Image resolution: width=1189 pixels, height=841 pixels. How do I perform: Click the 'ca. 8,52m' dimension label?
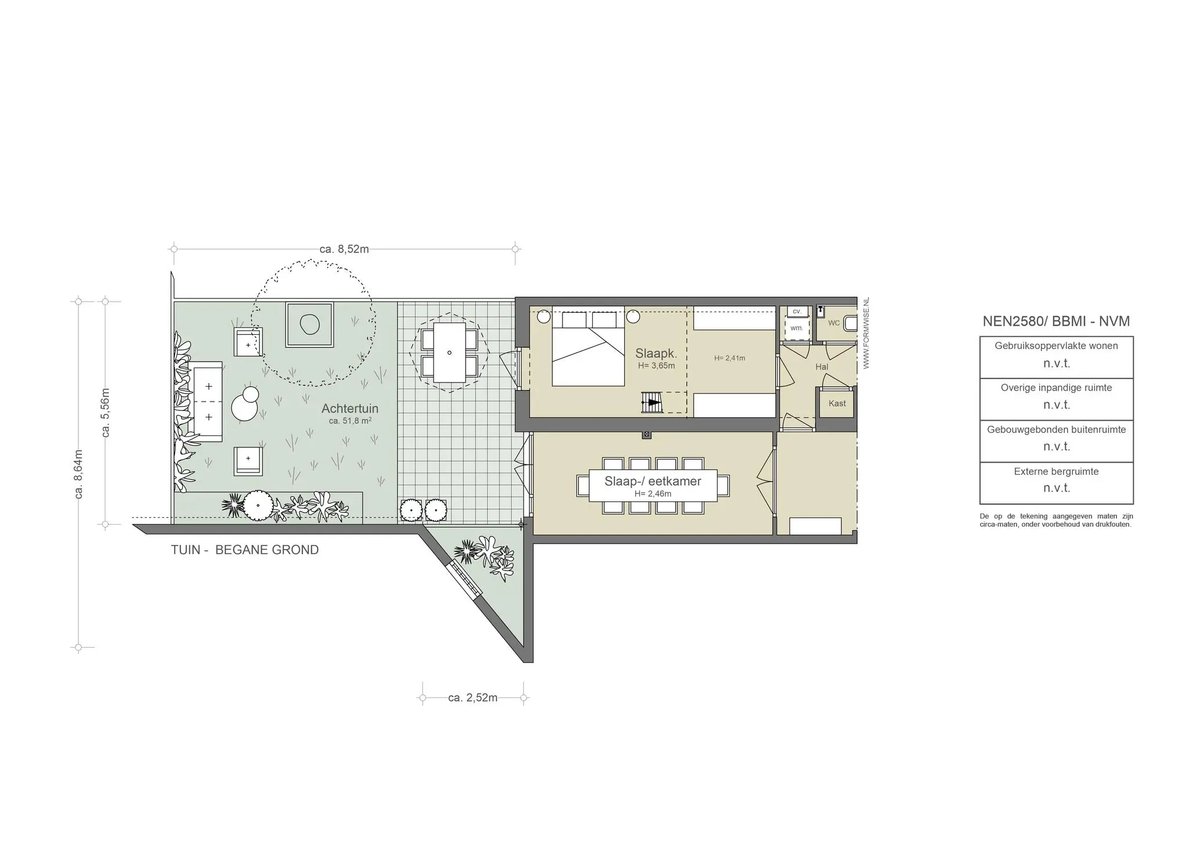coord(344,250)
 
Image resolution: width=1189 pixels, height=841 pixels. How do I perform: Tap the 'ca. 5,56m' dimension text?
coord(106,412)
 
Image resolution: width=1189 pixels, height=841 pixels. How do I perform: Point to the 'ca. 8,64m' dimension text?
coord(79,474)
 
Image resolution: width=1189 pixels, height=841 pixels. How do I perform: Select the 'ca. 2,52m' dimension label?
coord(473,698)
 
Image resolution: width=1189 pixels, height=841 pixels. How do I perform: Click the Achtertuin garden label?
coord(350,409)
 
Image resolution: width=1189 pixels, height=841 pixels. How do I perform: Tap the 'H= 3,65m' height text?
coord(656,366)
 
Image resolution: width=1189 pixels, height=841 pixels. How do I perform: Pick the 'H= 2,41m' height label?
coord(729,358)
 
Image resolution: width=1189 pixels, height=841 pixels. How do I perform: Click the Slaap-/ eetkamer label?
coord(653,481)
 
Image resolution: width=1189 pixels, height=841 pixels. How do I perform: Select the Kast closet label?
coord(837,403)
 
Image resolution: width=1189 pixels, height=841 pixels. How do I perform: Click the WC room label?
coord(834,323)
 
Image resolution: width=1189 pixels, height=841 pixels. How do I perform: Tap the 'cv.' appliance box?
coord(797,312)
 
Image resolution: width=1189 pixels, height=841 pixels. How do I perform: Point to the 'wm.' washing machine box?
coord(797,328)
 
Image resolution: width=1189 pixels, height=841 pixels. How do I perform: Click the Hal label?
coord(822,367)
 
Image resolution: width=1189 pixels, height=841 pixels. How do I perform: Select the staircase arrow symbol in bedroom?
coord(653,402)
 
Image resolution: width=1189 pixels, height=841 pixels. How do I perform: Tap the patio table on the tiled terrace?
coord(449,352)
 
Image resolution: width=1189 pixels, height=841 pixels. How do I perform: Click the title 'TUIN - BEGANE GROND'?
coord(244,550)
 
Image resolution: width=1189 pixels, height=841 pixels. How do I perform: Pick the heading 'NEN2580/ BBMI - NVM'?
coord(1055,321)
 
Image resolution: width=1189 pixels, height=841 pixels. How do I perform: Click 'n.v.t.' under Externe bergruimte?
coord(1056,488)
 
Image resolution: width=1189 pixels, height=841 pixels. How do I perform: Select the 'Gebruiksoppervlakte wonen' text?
coord(1056,346)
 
